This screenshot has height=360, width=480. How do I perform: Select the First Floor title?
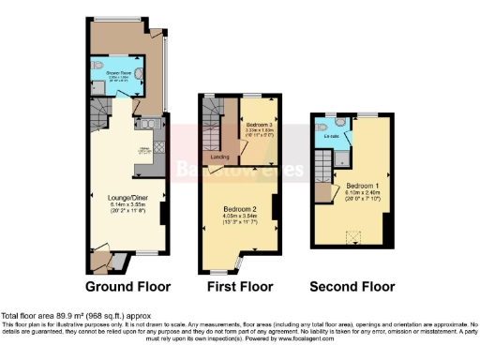click(241, 286)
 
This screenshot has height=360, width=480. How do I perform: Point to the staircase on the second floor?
click(323, 169)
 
